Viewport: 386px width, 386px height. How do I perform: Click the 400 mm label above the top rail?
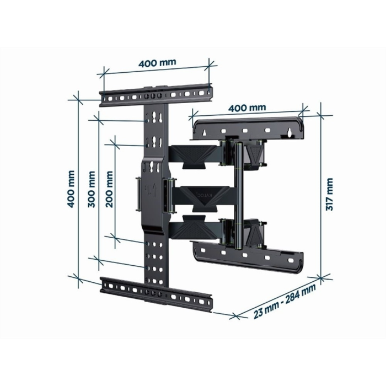[157, 62]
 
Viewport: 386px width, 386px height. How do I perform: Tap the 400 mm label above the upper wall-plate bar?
[246, 108]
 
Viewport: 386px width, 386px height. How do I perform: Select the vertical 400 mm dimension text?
[71, 189]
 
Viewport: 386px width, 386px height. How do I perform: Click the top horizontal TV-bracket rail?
[156, 95]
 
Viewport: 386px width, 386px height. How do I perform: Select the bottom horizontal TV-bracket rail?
[156, 293]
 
